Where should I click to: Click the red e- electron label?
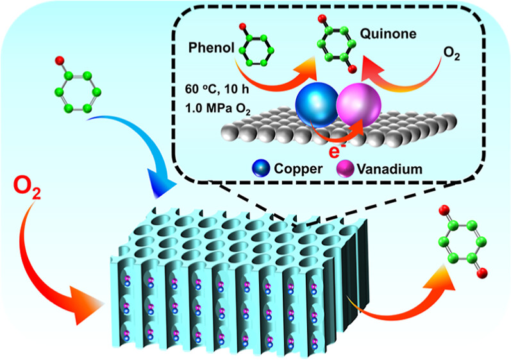pyautogui.click(x=333, y=151)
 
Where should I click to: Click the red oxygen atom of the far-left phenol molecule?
pyautogui.click(x=60, y=61)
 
